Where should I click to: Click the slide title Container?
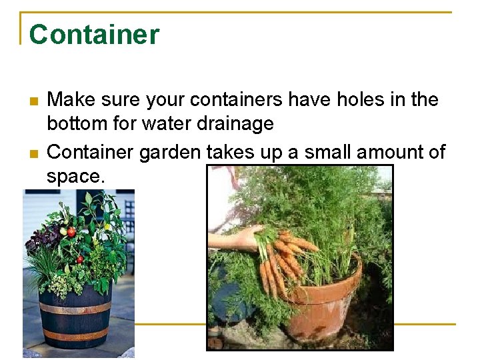94,35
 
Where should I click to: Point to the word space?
75,177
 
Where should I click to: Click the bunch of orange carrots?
283,260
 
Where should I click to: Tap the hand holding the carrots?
233,239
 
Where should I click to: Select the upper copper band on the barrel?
75,309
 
